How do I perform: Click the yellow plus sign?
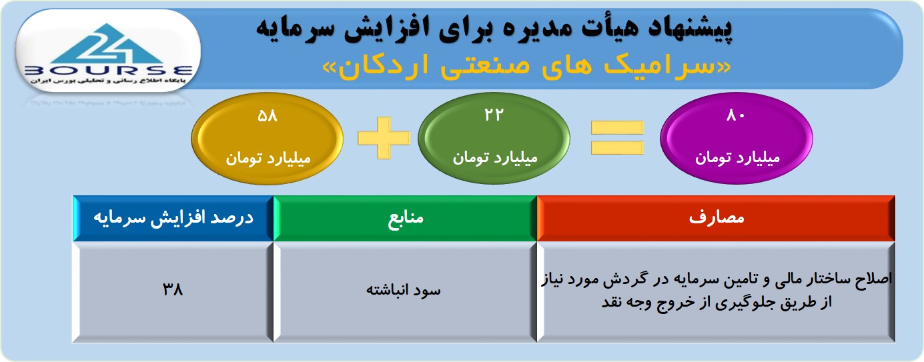[x=384, y=138]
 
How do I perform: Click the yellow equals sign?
[x=617, y=138]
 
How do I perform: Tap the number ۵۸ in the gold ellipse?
[x=268, y=116]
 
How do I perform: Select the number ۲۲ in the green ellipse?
[x=494, y=115]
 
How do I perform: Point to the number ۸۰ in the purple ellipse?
[x=736, y=115]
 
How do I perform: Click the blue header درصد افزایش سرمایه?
[x=173, y=218]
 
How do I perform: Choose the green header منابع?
[x=406, y=218]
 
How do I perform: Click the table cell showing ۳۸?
[x=173, y=289]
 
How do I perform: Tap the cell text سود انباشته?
[x=404, y=290]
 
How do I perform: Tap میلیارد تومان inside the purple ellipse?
[x=738, y=158]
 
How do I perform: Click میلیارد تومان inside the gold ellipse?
[x=268, y=158]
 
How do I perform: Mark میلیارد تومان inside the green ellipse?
[x=495, y=157]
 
